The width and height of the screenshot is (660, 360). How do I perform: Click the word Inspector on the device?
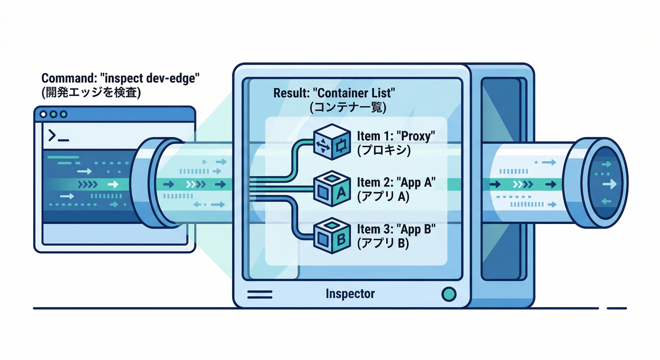tap(350, 294)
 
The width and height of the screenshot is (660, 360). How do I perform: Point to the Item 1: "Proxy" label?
tap(396, 136)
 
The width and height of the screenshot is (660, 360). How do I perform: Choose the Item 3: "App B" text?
tap(396, 230)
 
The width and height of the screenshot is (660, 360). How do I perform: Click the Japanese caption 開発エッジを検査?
tap(91, 92)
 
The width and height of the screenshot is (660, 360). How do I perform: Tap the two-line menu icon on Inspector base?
tap(260, 294)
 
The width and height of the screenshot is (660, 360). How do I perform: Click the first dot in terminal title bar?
tap(44, 114)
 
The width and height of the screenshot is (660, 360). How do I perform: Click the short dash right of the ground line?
tap(616, 308)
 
